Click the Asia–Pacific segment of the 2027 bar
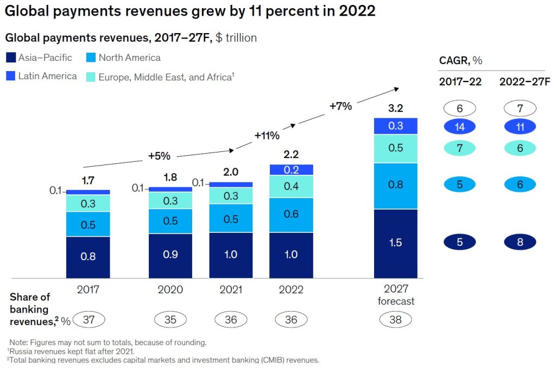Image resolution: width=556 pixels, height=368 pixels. click(395, 243)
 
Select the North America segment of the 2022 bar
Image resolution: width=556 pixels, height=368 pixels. click(291, 214)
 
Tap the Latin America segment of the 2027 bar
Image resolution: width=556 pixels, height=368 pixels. click(395, 126)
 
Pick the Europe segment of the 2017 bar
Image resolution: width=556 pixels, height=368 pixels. click(88, 203)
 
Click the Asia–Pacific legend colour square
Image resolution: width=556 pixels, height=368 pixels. click(11, 58)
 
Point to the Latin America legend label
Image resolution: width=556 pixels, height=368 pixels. click(47, 76)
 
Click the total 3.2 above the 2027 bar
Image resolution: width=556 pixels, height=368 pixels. click(395, 109)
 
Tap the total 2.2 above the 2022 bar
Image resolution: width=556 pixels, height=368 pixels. click(291, 155)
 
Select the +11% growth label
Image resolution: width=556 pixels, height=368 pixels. click(267, 135)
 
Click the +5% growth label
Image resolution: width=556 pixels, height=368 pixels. click(159, 156)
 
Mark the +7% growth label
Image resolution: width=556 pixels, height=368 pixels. click(340, 106)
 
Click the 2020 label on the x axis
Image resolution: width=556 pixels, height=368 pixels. click(170, 290)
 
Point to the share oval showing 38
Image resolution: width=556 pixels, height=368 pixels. click(395, 320)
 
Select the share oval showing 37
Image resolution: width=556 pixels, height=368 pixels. click(88, 320)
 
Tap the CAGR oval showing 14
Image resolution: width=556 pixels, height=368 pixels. click(459, 127)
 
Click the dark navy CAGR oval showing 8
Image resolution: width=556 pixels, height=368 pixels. click(520, 242)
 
